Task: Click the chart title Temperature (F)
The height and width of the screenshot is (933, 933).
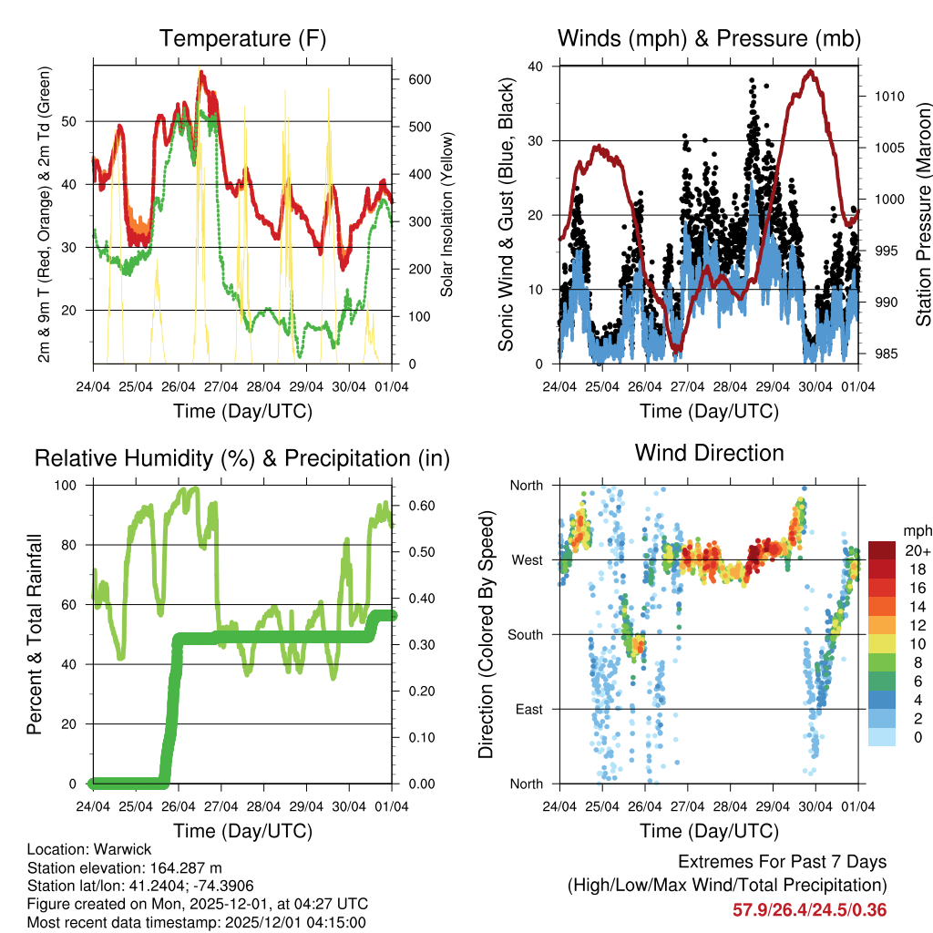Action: (x=242, y=38)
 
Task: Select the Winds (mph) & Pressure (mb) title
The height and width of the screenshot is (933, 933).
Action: (x=709, y=38)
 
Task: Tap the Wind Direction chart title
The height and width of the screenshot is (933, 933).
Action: (x=709, y=452)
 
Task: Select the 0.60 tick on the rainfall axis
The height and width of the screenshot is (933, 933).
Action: (x=417, y=506)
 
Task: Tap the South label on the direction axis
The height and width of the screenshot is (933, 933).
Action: (x=526, y=634)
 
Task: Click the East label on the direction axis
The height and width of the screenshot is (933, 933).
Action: (x=528, y=709)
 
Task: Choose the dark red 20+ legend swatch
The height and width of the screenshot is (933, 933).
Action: (x=881, y=550)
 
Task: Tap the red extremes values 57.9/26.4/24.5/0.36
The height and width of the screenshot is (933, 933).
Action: (x=809, y=909)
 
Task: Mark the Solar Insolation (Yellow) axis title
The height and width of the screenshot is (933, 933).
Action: (x=447, y=215)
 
